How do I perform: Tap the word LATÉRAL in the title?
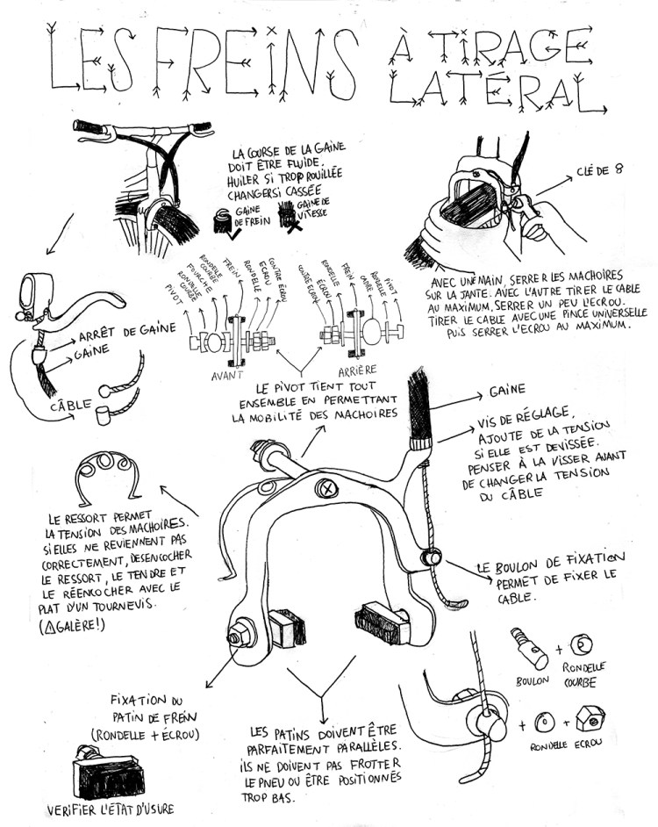496,90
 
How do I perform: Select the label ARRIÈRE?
356,371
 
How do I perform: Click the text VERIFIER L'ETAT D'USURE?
104,808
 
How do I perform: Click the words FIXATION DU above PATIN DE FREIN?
146,701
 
